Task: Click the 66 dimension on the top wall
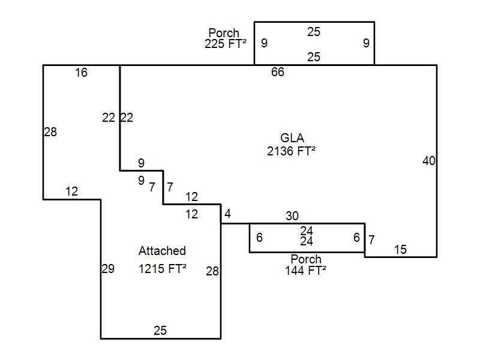tap(277, 73)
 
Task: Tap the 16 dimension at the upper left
tap(81, 73)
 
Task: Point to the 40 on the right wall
tap(428, 161)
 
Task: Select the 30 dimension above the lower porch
tap(292, 216)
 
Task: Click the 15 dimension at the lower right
tap(400, 250)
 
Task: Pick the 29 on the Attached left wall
tap(108, 269)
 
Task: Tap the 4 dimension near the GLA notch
tap(227, 214)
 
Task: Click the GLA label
tap(292, 139)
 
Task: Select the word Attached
tap(162, 251)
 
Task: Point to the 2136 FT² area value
tap(292, 151)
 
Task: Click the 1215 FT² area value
tap(162, 269)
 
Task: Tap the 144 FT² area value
tap(305, 270)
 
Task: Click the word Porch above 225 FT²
tap(224, 33)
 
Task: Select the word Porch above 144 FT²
tap(306, 259)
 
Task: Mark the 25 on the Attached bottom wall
tap(160, 331)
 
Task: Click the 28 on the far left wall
tap(50, 132)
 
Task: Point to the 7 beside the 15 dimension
tap(371, 241)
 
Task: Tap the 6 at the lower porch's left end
tap(259, 238)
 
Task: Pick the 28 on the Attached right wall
tap(212, 271)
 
